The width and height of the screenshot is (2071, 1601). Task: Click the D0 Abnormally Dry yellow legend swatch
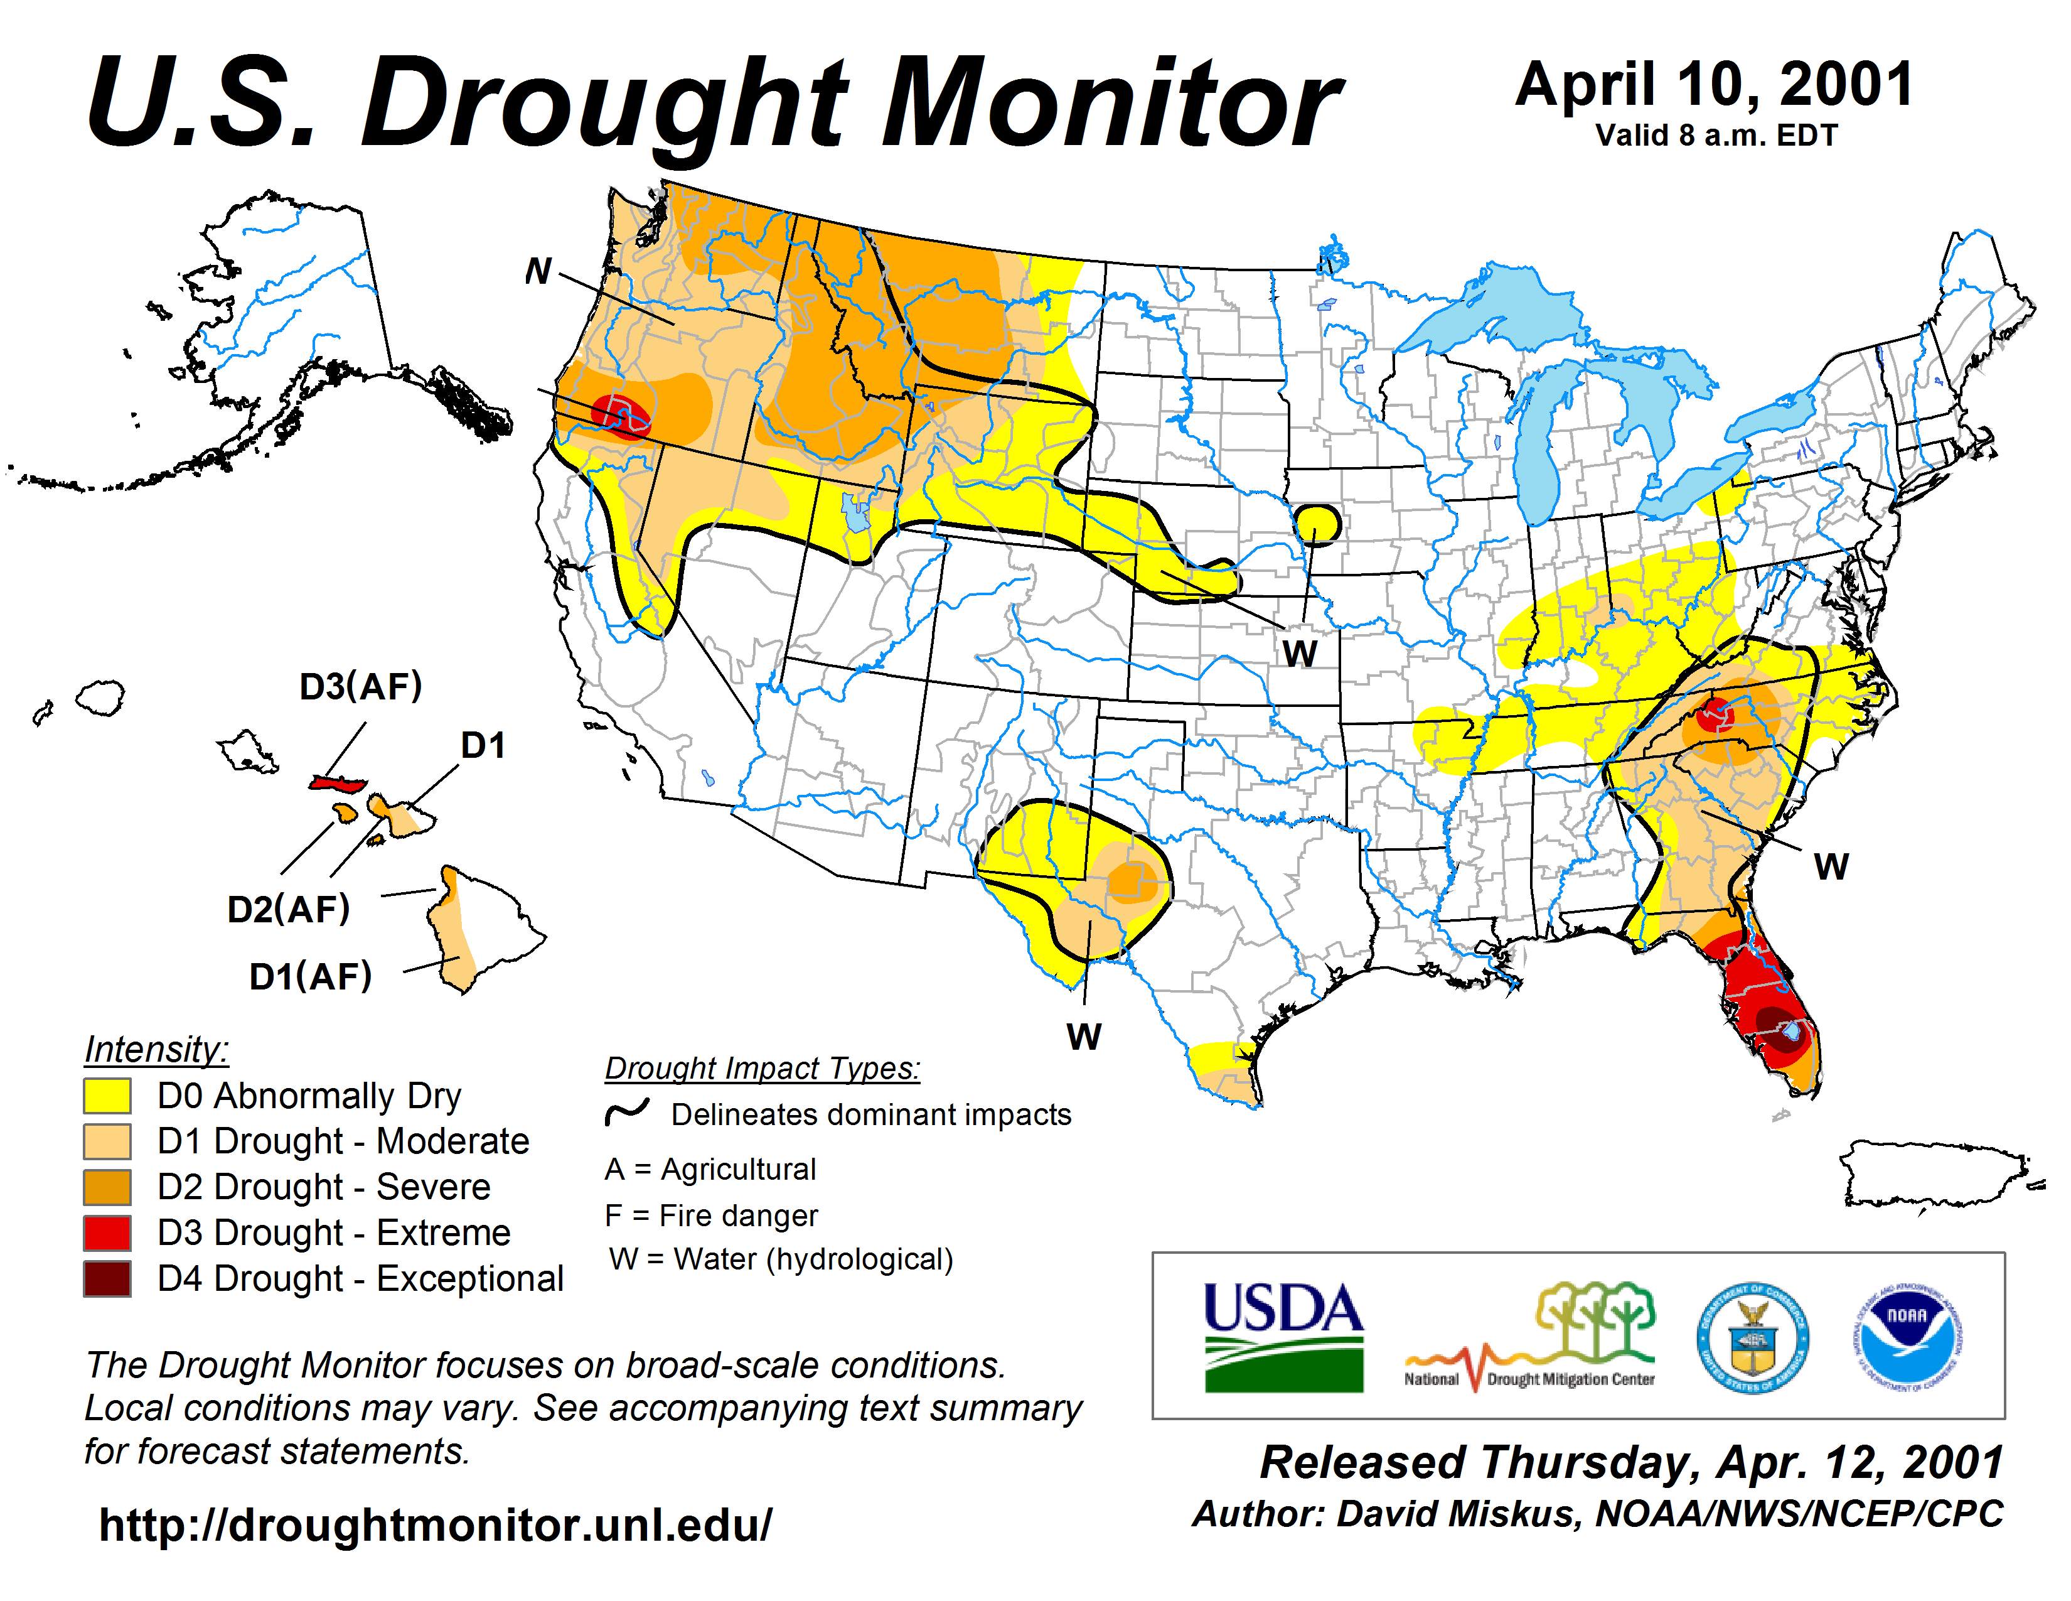pos(107,1096)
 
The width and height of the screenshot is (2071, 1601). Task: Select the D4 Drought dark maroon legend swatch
pos(107,1278)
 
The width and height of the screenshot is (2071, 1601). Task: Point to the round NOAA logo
pos(1908,1337)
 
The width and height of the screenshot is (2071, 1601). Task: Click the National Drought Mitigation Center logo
pos(1531,1337)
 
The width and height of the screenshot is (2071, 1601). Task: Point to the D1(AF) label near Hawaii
pos(310,976)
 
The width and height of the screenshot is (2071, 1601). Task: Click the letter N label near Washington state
pos(538,271)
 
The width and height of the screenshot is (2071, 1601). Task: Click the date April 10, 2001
pos(1715,85)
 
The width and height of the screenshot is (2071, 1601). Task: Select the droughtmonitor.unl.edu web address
pos(436,1524)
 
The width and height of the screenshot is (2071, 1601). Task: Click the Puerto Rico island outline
pos(1934,1174)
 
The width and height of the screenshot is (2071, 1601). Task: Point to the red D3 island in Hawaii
pos(338,784)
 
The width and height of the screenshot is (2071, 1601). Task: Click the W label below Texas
pos(1084,1037)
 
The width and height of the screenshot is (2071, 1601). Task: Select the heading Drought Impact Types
pos(763,1068)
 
